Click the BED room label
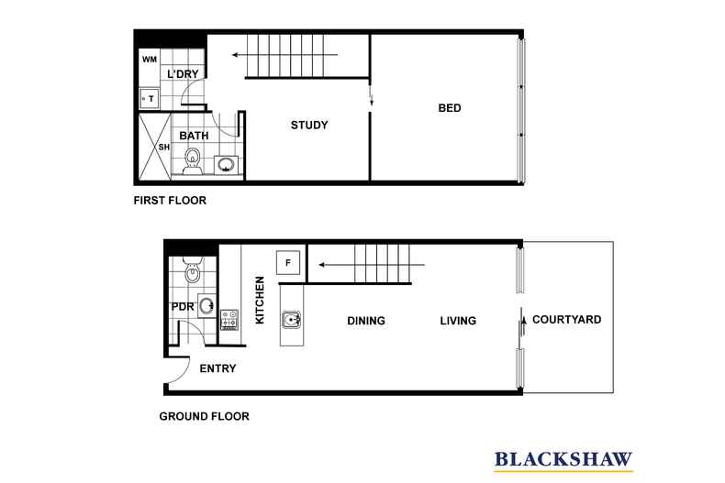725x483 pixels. click(450, 108)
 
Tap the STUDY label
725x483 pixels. click(309, 126)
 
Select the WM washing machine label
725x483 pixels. click(150, 60)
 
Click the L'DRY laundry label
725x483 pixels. click(183, 74)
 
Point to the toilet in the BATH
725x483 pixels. click(192, 160)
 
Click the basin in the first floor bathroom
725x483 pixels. click(226, 164)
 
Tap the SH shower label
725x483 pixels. click(163, 148)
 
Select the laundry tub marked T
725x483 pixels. click(150, 98)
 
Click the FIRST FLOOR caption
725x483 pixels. click(170, 201)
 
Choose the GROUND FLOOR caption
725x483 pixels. click(204, 416)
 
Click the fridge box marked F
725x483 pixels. click(288, 263)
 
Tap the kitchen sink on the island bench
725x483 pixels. click(291, 319)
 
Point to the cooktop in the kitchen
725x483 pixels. click(229, 320)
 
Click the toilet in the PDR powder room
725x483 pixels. click(192, 270)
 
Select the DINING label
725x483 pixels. click(366, 321)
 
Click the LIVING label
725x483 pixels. click(458, 321)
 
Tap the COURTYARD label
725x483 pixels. click(567, 320)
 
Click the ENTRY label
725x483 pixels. click(217, 368)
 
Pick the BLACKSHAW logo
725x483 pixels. click(563, 460)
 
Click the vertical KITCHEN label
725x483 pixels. click(260, 300)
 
